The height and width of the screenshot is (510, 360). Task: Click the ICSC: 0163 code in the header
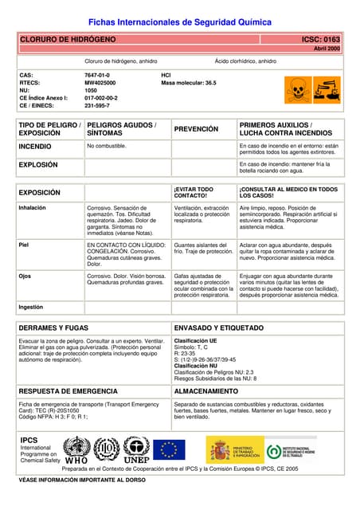coord(320,39)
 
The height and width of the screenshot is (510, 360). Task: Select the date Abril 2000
coord(327,49)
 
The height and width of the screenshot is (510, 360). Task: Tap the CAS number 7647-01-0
coord(98,75)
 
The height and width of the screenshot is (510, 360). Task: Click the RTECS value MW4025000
coord(100,82)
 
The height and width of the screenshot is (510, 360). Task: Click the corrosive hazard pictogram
coord(327,89)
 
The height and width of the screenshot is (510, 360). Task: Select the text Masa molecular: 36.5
coord(188,82)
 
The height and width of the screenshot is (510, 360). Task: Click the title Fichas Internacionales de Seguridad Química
coord(179,22)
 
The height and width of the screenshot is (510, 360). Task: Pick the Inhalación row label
coord(33,207)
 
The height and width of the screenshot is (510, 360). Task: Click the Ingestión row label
coord(32,306)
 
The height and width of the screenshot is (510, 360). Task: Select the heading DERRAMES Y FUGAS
coord(53,328)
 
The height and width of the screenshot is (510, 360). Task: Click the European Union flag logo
coord(168,449)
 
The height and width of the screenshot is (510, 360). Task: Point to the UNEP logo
coord(137,450)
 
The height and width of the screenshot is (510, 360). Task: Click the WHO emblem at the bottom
coord(76,449)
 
